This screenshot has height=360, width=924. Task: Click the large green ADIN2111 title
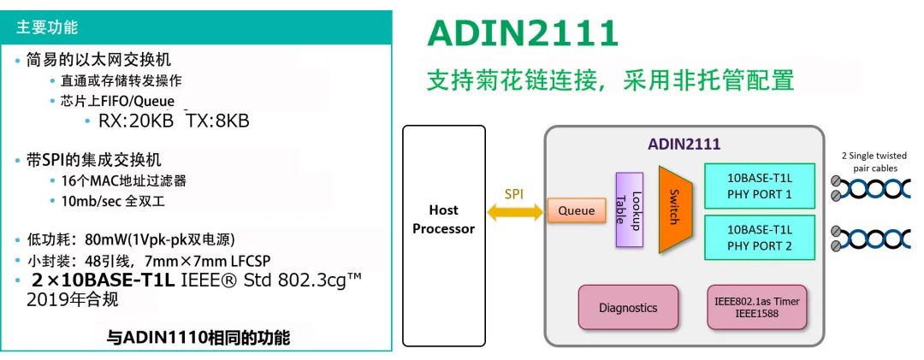(522, 34)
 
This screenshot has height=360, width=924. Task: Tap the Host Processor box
(443, 219)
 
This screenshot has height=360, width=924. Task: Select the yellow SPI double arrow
(513, 210)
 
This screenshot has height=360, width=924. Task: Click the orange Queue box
(576, 210)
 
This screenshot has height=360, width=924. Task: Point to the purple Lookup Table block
(629, 210)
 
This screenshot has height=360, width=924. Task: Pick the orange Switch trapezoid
(674, 209)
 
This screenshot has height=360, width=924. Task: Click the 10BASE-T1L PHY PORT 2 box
(759, 238)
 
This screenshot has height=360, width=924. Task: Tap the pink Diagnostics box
(628, 307)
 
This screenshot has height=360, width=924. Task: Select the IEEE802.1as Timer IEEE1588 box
(756, 307)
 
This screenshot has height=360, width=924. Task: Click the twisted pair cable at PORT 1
(877, 188)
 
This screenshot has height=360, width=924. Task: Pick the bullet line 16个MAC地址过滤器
(123, 180)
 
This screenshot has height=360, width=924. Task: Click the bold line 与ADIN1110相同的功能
(198, 338)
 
